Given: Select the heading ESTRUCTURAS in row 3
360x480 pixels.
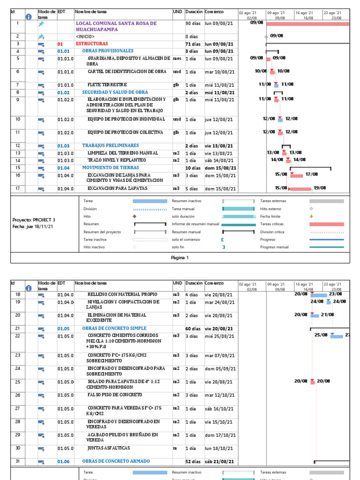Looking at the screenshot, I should click(88, 44).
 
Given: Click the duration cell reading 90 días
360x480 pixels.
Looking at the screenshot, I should click(193, 23).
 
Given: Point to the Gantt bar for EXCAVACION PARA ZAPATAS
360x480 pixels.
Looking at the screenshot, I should click(300, 189).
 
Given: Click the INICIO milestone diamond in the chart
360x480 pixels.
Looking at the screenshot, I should click(266, 36).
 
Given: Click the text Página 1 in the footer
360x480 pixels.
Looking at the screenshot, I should click(180, 257).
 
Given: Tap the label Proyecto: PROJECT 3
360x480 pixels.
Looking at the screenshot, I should click(34, 219).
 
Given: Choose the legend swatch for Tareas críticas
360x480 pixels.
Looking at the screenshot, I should click(326, 224).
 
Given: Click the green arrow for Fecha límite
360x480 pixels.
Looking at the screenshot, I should click(311, 216).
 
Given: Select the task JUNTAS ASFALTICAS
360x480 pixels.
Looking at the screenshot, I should click(108, 448).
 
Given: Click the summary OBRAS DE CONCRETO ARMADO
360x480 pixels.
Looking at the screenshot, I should click(113, 461).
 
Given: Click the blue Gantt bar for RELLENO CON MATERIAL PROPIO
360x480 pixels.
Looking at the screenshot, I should click(319, 295).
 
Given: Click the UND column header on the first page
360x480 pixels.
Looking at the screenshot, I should click(177, 11).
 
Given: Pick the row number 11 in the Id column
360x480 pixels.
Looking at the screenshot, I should click(18, 133).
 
